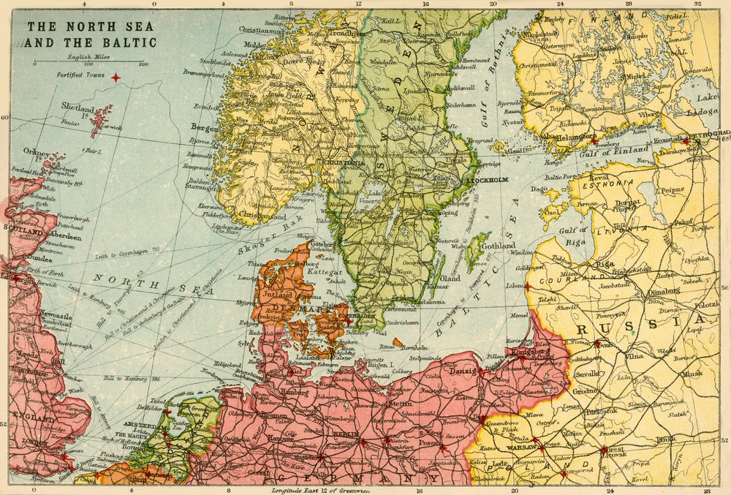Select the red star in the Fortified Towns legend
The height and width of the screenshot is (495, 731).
(115, 76)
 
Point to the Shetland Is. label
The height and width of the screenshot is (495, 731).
(78, 108)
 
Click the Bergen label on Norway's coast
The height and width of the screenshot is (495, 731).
(205, 126)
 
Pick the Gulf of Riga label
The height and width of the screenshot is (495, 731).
(573, 236)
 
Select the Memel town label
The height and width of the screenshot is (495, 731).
(518, 315)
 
